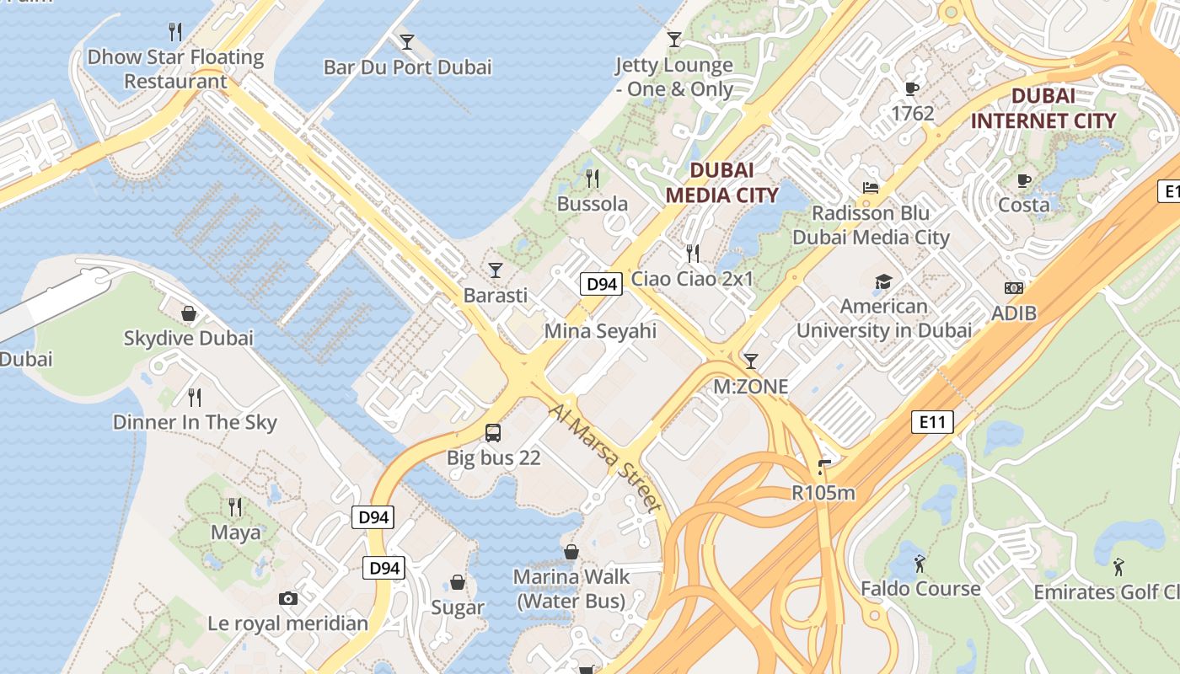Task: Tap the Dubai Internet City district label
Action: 1043,108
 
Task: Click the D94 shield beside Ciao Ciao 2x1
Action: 601,284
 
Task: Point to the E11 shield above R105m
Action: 932,421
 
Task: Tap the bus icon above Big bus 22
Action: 493,434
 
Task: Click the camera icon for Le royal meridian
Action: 288,599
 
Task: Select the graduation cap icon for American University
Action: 883,281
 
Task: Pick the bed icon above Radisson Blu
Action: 871,187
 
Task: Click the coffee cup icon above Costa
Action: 1024,180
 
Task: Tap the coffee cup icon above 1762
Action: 912,88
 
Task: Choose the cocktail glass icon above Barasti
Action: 496,270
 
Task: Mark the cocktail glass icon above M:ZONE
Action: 750,361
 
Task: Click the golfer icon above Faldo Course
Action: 920,563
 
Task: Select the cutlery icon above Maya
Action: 235,507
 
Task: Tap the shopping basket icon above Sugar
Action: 458,582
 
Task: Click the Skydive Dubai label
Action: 189,339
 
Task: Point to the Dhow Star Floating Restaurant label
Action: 176,69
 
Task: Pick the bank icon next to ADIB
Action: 1014,288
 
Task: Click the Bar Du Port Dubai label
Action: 407,67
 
